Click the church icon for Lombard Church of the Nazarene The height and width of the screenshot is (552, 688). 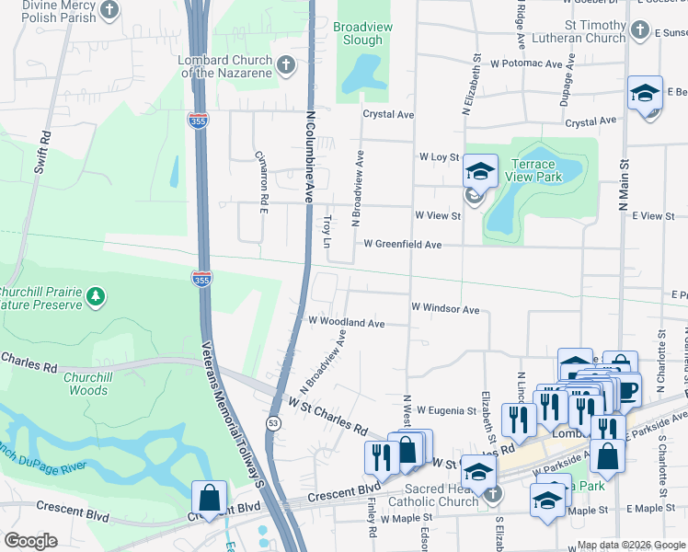pyautogui.click(x=286, y=65)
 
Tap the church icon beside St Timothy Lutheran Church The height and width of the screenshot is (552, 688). pyautogui.click(x=640, y=32)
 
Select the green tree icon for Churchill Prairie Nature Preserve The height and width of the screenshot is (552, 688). pyautogui.click(x=96, y=296)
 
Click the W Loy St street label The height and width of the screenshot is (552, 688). pyautogui.click(x=439, y=157)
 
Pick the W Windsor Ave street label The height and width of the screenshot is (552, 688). pyautogui.click(x=445, y=309)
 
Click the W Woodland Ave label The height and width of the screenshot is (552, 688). pyautogui.click(x=346, y=323)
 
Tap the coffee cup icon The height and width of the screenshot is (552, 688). pyautogui.click(x=628, y=390)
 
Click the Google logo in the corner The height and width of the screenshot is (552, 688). pyautogui.click(x=31, y=540)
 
